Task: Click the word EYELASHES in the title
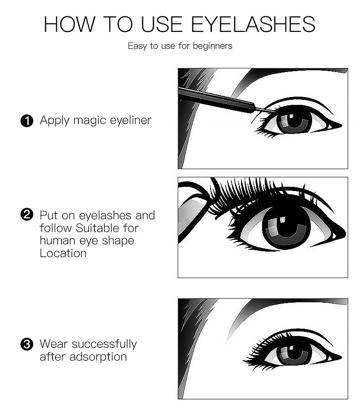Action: tap(253, 24)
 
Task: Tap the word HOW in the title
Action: tap(69, 24)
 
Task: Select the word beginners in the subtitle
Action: tap(212, 46)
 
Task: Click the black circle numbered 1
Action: tap(27, 121)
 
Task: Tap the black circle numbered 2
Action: tap(27, 215)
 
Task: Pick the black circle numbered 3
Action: tap(27, 344)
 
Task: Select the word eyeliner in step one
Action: tap(131, 120)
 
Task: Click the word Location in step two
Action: tap(63, 253)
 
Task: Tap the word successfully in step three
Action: tap(104, 344)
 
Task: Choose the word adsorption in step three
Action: tap(98, 357)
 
